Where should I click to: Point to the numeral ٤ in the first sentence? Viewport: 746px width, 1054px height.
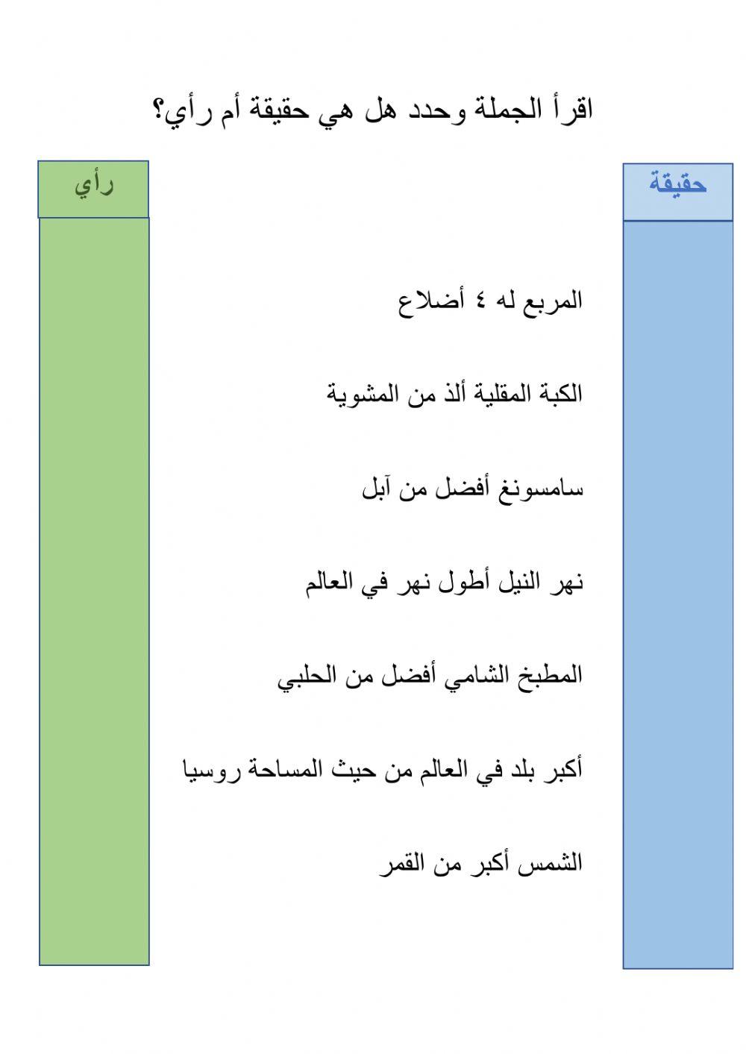481,301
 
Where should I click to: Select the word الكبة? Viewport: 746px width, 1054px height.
560,393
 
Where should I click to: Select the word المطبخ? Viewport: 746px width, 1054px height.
553,676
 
